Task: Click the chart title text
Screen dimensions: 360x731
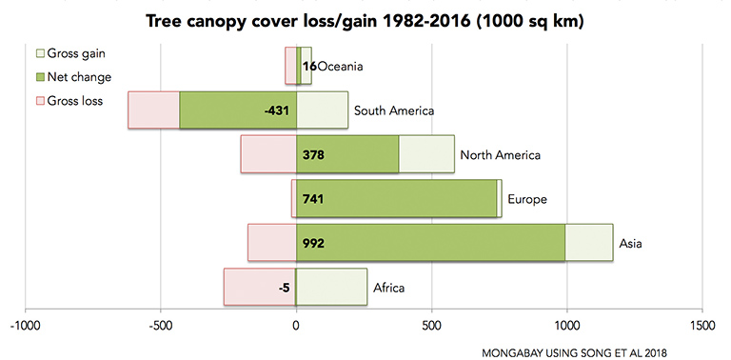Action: (x=365, y=19)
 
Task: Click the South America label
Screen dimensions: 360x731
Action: (x=394, y=110)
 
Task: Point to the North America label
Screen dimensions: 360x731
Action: (x=500, y=155)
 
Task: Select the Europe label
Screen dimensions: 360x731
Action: (x=527, y=199)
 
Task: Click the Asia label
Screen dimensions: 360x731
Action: (x=631, y=243)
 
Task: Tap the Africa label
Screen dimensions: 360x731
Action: (x=391, y=287)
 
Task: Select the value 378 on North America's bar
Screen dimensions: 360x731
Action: (x=313, y=155)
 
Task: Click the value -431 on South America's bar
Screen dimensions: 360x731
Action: (x=275, y=110)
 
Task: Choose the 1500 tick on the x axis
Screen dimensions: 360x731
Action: (x=702, y=325)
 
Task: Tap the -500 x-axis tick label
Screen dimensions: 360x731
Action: (x=161, y=325)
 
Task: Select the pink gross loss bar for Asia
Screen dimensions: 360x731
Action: (x=271, y=243)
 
